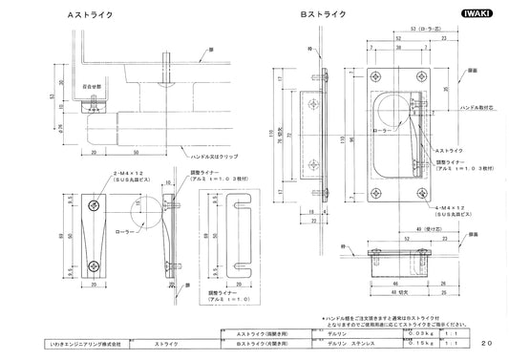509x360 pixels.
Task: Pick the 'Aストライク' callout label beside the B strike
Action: click(450, 151)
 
